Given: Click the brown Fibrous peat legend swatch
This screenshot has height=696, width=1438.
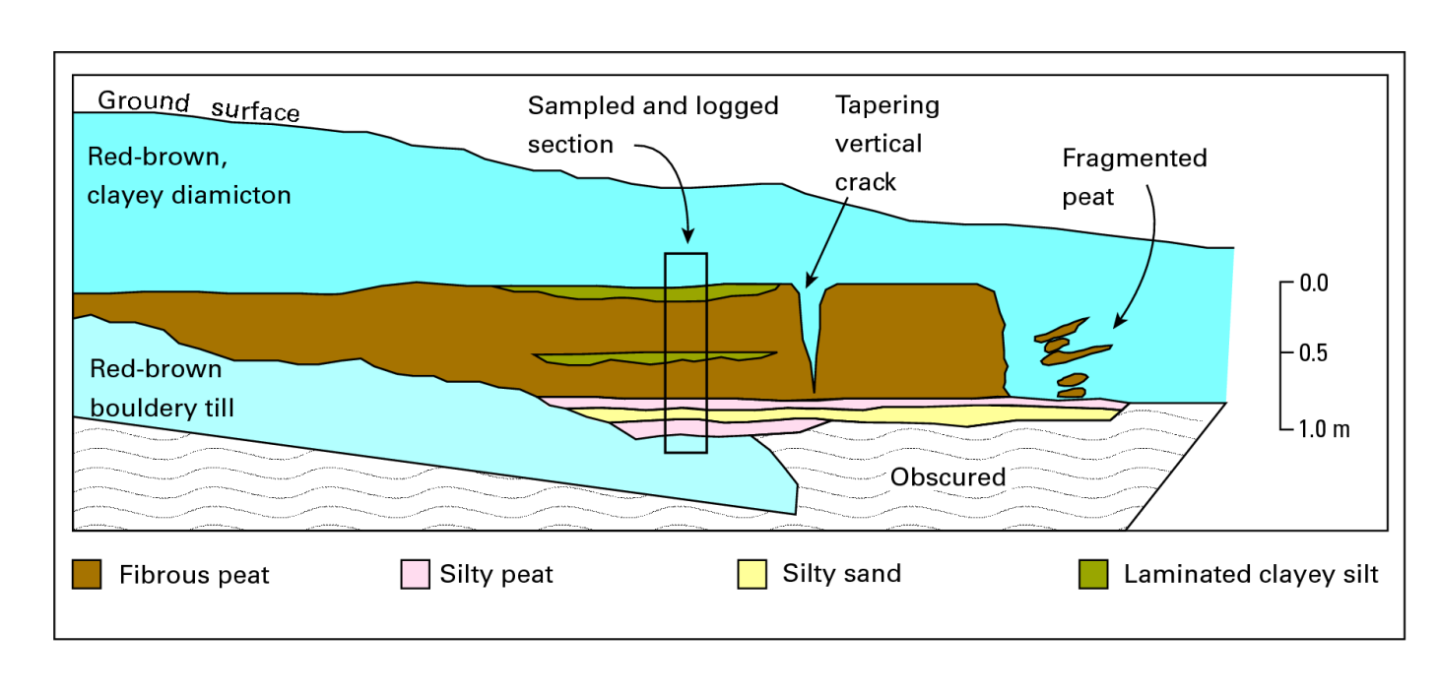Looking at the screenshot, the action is [87, 574].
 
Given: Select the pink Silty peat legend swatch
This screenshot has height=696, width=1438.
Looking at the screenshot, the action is [415, 574].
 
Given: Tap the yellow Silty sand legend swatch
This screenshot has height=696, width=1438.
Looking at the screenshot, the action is [752, 574].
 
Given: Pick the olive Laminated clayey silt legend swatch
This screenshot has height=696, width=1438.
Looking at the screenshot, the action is [1093, 574].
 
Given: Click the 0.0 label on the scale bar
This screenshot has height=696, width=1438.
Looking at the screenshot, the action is [1314, 283].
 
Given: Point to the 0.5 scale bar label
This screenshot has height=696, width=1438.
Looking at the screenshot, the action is [1314, 352].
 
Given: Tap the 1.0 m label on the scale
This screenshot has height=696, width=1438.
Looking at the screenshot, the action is [1325, 428].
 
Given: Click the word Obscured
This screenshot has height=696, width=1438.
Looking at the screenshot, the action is [948, 477].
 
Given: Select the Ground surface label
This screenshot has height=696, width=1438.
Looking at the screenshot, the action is [198, 106].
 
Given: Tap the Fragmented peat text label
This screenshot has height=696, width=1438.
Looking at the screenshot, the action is [1135, 177].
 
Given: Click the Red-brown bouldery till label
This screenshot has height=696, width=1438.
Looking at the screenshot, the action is [162, 388].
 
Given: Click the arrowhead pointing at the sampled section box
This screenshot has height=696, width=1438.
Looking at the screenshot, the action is [688, 235].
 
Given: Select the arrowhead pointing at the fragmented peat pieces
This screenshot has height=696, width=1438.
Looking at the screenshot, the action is [1119, 321].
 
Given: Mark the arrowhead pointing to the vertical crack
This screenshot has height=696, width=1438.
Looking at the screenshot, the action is [811, 280].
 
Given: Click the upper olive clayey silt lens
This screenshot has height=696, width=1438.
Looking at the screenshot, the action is [642, 292].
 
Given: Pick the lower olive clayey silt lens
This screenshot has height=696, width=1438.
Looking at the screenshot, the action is [655, 358].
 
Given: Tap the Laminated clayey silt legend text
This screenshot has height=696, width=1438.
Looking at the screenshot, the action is [1251, 574].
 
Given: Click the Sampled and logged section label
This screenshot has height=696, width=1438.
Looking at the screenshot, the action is [653, 125].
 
